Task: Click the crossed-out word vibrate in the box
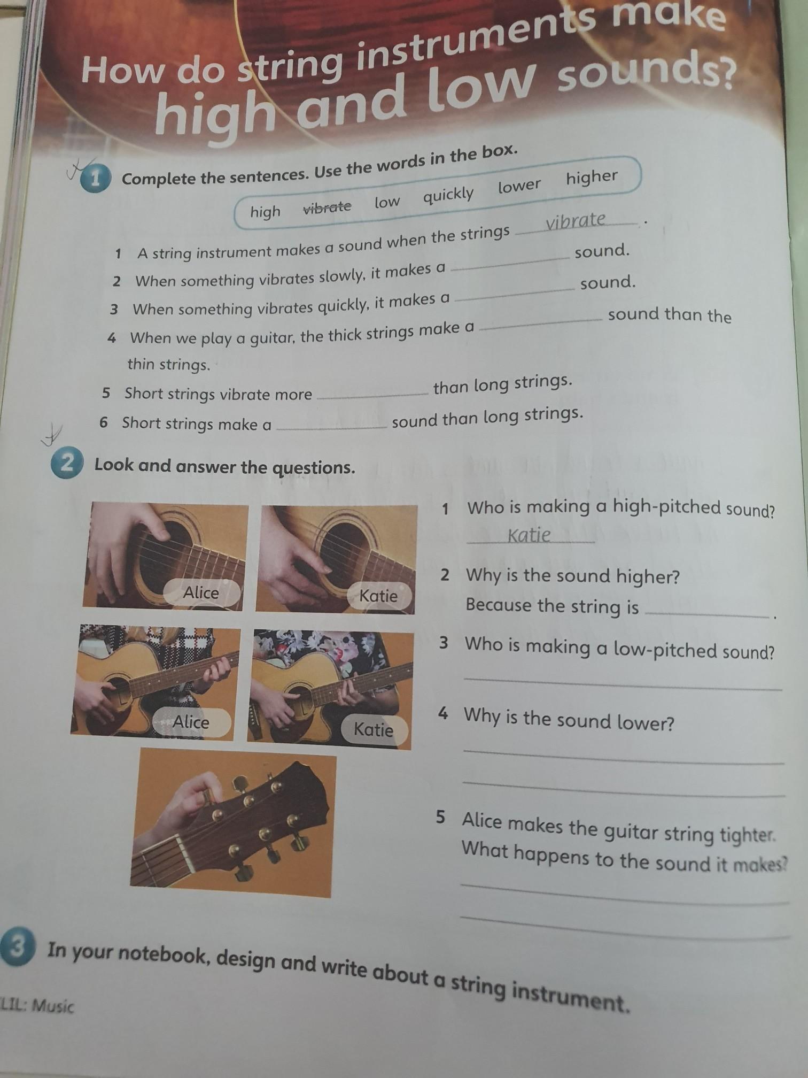tap(327, 207)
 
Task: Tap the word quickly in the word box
tap(448, 195)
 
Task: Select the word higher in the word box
tap(592, 177)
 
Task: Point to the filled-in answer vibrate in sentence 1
tap(576, 220)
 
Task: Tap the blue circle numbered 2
tap(67, 464)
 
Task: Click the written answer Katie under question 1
tap(529, 535)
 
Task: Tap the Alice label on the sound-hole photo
tap(201, 592)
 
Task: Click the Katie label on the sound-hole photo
tap(378, 596)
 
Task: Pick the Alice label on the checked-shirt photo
tap(191, 722)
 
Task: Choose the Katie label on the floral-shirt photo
tap(374, 729)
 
